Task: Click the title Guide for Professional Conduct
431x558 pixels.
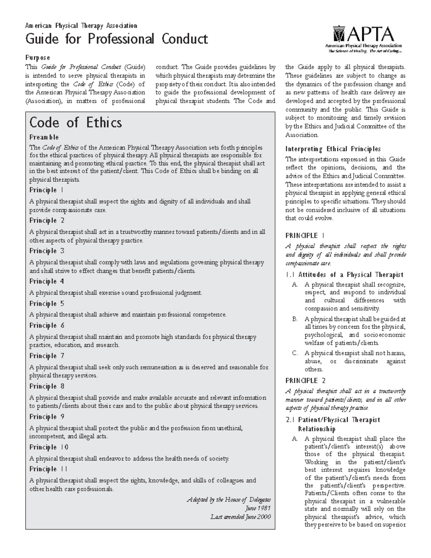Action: click(116, 39)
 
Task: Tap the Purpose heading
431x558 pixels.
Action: click(37, 57)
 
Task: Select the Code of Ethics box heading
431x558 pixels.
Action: click(75, 123)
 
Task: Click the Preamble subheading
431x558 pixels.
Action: click(44, 137)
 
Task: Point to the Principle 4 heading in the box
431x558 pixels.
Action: click(47, 281)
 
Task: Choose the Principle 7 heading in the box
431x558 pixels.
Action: click(47, 356)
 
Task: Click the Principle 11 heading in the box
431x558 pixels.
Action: click(48, 469)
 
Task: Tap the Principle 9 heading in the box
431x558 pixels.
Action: click(47, 417)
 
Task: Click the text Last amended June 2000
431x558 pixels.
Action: click(240, 517)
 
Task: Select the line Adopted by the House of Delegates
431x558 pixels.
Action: click(229, 500)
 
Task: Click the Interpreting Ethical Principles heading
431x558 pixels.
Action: click(333, 149)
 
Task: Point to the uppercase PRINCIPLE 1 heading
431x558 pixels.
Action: click(305, 235)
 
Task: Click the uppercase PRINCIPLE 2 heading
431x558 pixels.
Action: click(305, 381)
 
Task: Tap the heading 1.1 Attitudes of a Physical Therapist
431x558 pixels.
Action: click(344, 275)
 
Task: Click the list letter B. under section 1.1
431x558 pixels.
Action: click(295, 319)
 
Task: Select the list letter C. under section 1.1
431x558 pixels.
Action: click(295, 353)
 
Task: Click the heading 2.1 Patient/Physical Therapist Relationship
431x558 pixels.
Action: click(333, 424)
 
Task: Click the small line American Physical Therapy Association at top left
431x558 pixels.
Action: click(81, 26)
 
